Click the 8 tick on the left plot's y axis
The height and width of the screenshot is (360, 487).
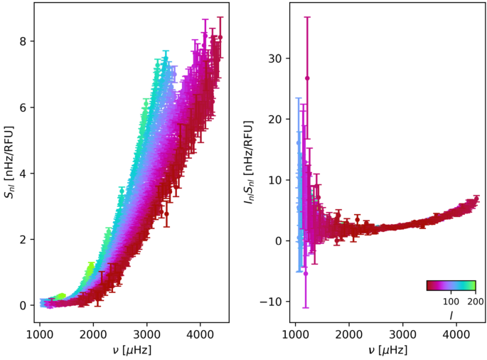point(23,41)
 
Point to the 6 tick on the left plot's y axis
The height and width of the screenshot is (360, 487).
point(23,107)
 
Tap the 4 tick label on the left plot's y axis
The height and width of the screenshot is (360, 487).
point(23,174)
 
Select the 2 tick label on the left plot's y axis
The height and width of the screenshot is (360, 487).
point(23,239)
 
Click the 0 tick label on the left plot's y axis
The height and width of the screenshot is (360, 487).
point(23,305)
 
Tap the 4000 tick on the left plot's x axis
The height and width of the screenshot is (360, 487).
point(200,334)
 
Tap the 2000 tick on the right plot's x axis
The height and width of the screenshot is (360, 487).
point(349,334)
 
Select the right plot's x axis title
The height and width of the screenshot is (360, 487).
point(387,349)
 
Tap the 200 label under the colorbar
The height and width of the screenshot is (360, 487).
point(475,302)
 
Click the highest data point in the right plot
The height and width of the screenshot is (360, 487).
point(307,78)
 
